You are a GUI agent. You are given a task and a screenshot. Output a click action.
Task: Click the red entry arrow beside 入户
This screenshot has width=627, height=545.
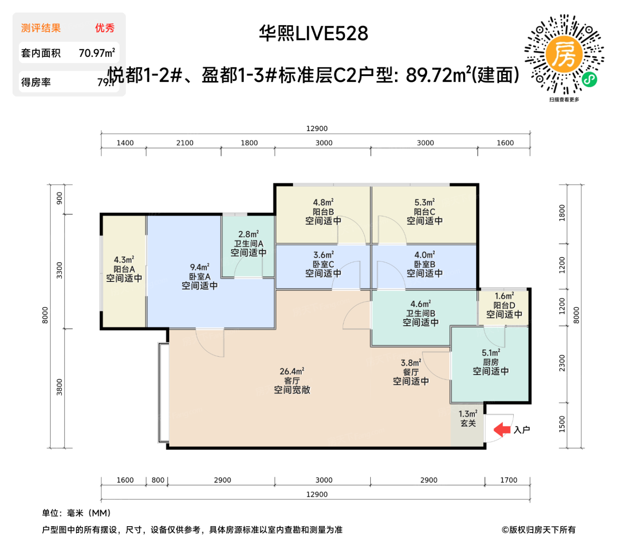point(502,430)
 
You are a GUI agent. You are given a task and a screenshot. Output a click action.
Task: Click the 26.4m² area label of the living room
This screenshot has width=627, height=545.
point(292,371)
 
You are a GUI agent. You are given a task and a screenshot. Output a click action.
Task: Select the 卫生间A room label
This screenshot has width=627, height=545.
point(249,244)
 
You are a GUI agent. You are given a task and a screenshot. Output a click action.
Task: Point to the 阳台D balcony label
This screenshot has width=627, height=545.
point(504,305)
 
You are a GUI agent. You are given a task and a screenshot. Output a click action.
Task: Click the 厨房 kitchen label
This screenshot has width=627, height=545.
point(490,362)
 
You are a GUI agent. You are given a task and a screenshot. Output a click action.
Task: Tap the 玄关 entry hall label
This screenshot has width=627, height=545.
point(468,423)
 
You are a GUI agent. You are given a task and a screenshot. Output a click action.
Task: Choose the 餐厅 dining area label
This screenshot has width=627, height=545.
point(411,372)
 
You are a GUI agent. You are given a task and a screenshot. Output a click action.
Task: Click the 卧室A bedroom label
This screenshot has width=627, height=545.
point(200,277)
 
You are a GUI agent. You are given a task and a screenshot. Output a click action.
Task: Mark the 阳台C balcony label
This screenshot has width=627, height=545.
point(424,212)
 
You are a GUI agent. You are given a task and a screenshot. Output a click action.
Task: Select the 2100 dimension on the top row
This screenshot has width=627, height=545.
point(185,143)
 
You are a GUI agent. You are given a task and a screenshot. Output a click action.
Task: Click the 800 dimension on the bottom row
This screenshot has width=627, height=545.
point(158,480)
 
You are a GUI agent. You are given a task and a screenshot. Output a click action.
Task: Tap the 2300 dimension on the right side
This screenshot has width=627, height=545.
point(562,363)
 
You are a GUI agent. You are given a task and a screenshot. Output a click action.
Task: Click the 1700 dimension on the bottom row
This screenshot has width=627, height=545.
point(508,480)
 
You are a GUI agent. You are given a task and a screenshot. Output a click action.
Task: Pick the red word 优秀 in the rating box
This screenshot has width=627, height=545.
point(105,28)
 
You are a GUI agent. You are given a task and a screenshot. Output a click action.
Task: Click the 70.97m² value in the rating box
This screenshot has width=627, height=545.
point(97,53)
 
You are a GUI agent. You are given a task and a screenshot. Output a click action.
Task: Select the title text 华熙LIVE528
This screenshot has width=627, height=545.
point(313,34)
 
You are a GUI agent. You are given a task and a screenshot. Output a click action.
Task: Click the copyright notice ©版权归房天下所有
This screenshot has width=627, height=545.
point(538,530)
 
